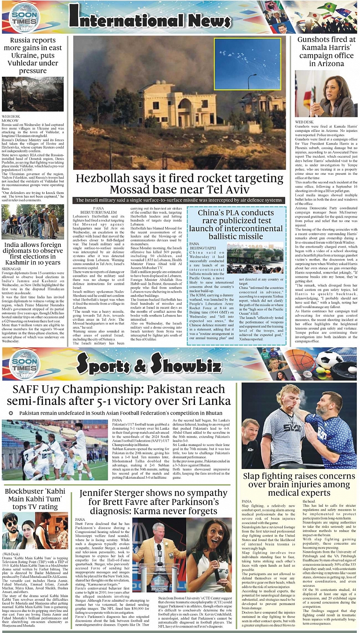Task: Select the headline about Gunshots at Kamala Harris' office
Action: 326,51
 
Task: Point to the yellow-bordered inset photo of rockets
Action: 247,58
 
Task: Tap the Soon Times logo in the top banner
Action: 24,17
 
